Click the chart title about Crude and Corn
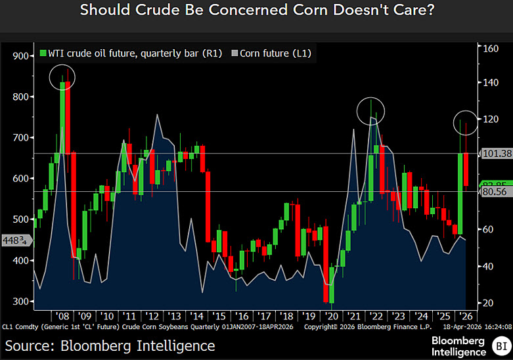pyautogui.click(x=256, y=11)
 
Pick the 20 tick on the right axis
pyautogui.click(x=488, y=303)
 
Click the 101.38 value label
pyautogui.click(x=496, y=153)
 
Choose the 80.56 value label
pyautogui.click(x=496, y=192)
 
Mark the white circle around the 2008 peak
pyautogui.click(x=62, y=78)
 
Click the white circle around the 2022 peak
pyautogui.click(x=370, y=111)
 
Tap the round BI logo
pyautogui.click(x=501, y=344)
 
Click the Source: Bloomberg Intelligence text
pyautogui.click(x=110, y=345)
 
